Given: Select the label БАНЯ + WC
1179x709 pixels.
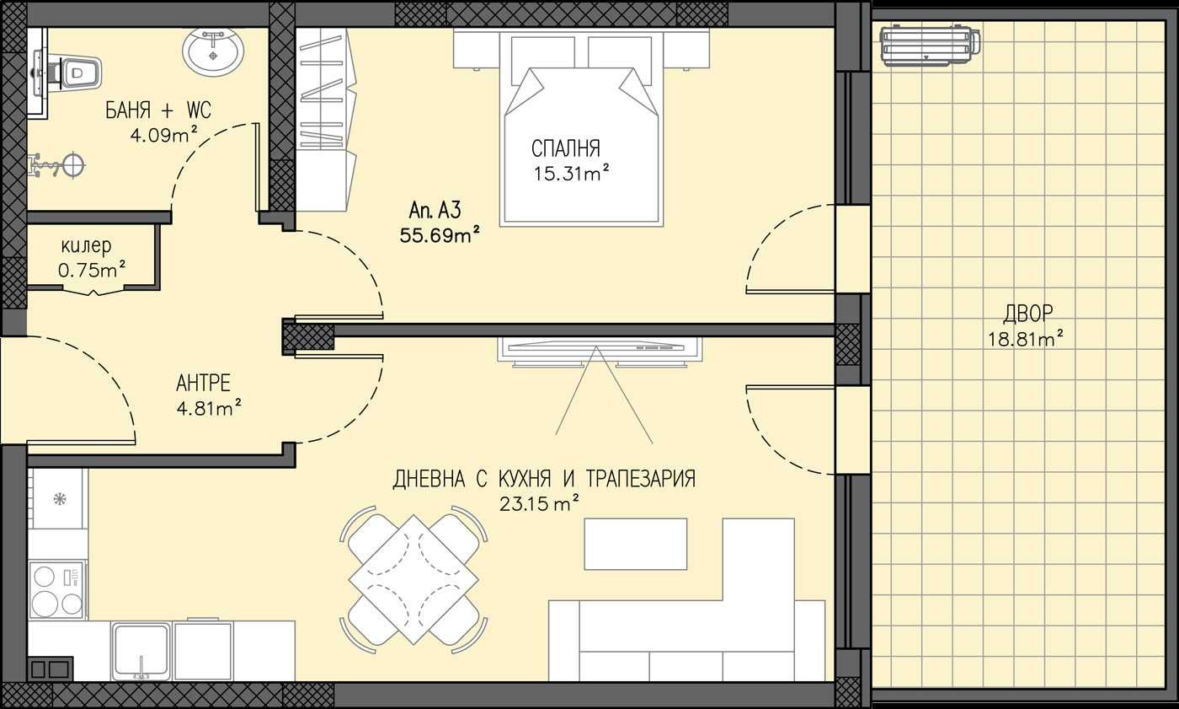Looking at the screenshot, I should [157, 110].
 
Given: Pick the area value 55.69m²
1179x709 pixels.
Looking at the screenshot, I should [440, 235].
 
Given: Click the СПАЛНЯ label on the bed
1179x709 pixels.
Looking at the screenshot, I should [565, 149].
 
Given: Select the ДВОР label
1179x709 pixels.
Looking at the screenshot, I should [1027, 314].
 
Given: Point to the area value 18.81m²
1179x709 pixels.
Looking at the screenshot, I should [1025, 339].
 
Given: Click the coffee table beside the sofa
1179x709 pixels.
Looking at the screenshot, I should [636, 544].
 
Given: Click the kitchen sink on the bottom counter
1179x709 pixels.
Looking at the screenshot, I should [141, 650].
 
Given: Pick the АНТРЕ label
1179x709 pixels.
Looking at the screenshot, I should [203, 384].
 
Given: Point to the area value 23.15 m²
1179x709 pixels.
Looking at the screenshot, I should [540, 504].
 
